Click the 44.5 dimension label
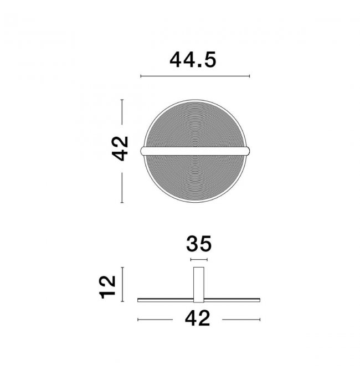coord(193,60)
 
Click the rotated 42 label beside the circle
coord(120,148)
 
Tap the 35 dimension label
coord(199,244)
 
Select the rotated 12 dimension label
coord(107,287)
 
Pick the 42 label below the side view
coord(197,319)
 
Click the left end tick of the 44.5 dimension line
coord(141,76)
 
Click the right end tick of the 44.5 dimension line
coord(249,76)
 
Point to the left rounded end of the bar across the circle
coord(143,151)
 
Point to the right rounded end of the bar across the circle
coord(248,151)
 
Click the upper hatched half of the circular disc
coord(196,125)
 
